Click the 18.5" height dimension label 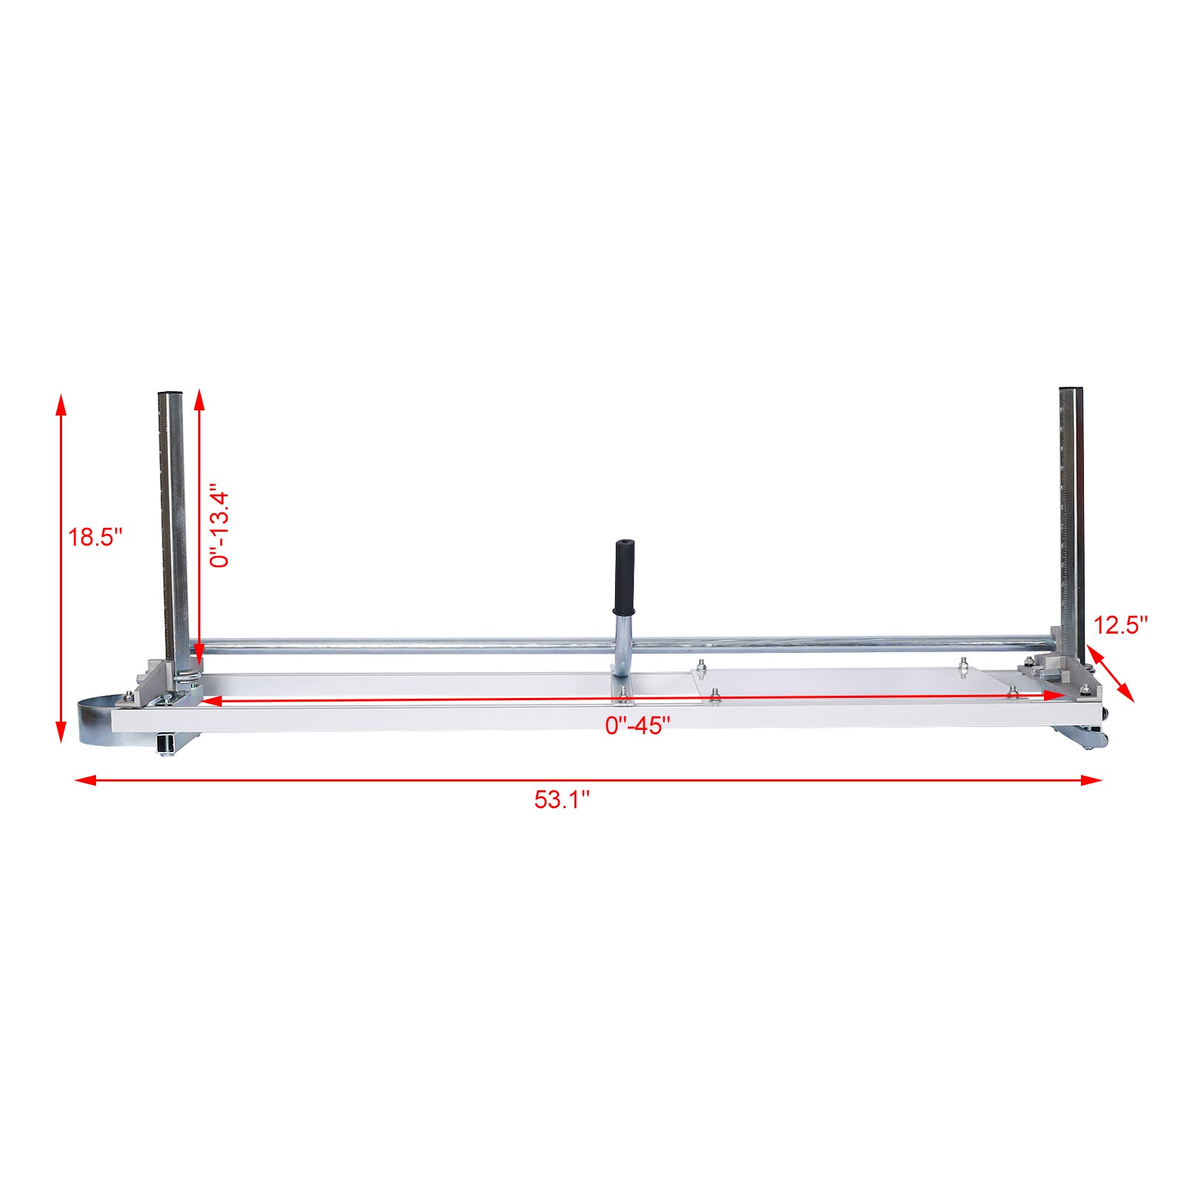pos(95,537)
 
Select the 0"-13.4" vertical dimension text pos(220,526)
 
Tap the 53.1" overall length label pos(562,799)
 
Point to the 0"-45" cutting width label pos(637,726)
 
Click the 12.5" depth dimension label pos(1120,626)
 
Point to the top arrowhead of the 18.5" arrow pos(61,404)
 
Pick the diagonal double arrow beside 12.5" pos(1110,674)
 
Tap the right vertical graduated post pos(1071,518)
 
